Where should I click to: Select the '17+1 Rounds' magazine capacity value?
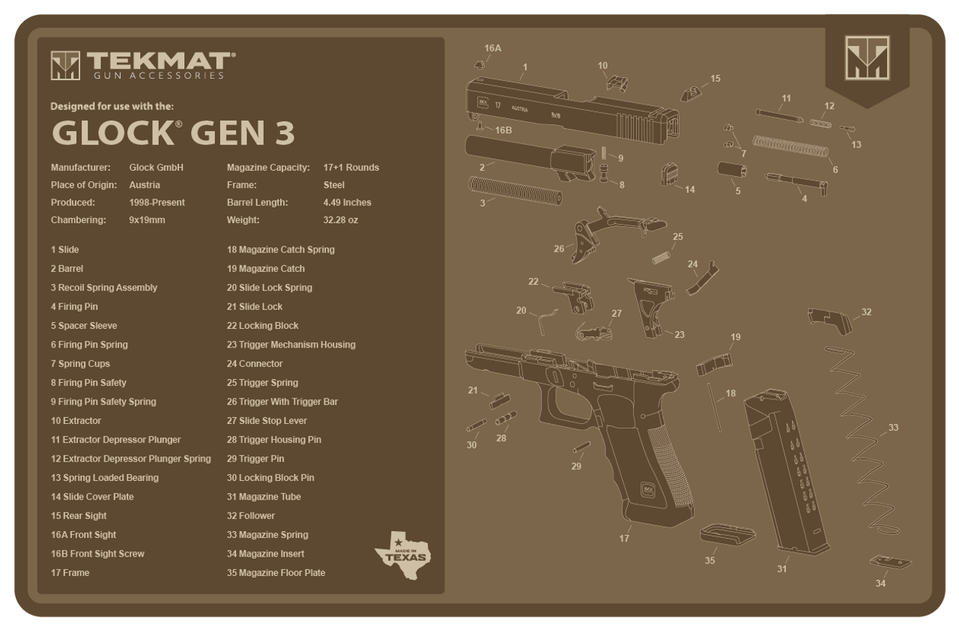(351, 167)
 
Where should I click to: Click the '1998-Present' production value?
(157, 202)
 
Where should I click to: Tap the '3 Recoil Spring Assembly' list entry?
(104, 288)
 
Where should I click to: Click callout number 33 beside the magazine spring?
(892, 427)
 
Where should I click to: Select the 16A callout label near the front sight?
(492, 49)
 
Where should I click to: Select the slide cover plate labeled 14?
(668, 175)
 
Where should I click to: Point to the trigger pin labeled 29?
(579, 449)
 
